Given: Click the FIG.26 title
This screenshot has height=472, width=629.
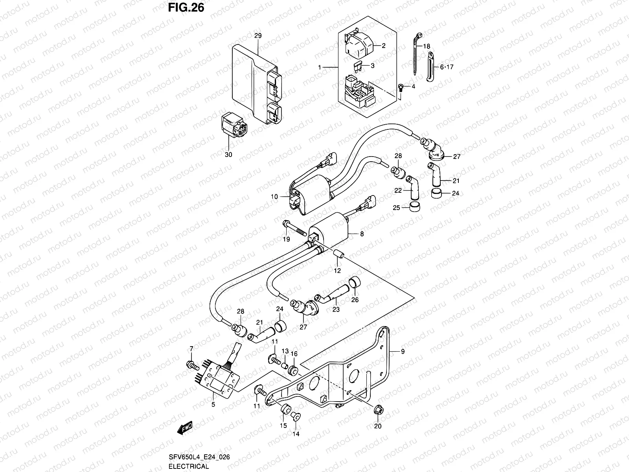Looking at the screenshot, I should pyautogui.click(x=186, y=7).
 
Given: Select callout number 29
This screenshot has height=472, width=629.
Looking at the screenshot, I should pyautogui.click(x=258, y=36).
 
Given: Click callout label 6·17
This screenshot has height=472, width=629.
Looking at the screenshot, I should pyautogui.click(x=447, y=67).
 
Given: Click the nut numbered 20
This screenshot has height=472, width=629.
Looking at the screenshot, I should pyautogui.click(x=378, y=410).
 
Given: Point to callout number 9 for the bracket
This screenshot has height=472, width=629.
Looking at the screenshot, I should pyautogui.click(x=402, y=352).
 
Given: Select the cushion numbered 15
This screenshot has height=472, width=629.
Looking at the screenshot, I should pyautogui.click(x=285, y=409).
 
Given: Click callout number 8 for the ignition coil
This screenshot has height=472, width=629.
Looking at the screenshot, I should pyautogui.click(x=362, y=234).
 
